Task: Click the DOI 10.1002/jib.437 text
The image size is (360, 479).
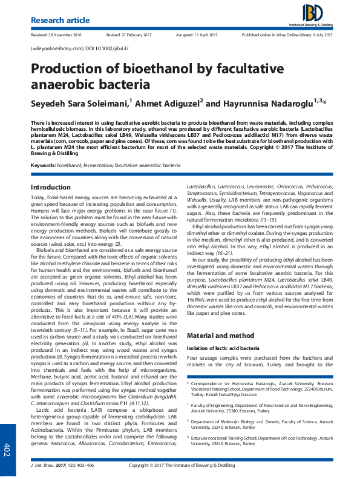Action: pyautogui.click(x=105, y=47)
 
